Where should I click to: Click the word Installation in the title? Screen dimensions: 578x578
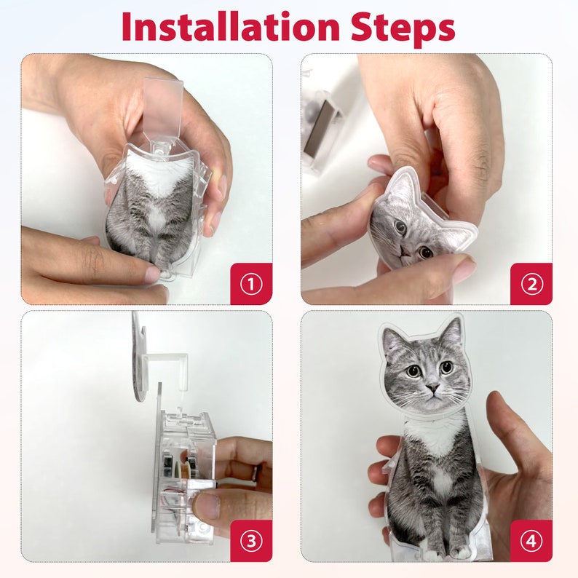coord(230,26)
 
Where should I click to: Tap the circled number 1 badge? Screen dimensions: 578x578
coord(251,284)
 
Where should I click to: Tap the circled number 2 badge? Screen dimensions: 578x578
coord(531,284)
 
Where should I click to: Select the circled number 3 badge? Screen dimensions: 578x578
coord(251,541)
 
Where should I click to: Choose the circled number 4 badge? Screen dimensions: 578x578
coord(531,541)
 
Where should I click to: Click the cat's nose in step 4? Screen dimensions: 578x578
coord(432,387)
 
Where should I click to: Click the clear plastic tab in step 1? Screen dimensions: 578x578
coord(163,108)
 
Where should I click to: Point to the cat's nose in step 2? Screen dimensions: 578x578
coord(404,251)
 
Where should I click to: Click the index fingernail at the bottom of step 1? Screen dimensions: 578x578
coord(153,273)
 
